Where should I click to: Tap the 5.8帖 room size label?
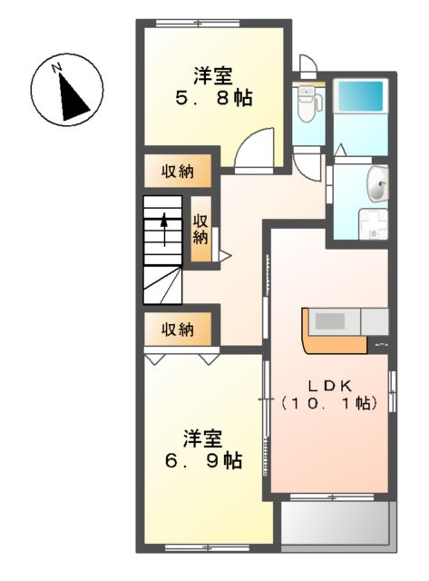coord(214,97)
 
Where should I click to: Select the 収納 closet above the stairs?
coord(178,172)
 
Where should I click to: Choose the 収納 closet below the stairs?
coord(178,330)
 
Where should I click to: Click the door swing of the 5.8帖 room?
coord(253,150)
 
